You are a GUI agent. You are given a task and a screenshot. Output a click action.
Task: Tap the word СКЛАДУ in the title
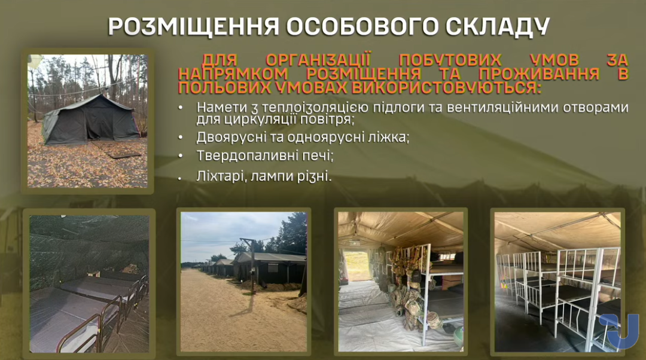click(498, 26)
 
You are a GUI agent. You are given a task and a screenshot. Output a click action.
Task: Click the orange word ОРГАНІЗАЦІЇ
click(318, 60)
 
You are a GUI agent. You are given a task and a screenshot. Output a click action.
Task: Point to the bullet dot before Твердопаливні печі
click(180, 156)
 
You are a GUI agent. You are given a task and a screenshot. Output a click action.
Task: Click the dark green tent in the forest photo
click(90, 119)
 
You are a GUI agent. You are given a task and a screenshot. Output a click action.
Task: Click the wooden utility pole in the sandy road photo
click(252, 266)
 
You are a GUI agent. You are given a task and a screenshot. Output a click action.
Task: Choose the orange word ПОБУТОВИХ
click(450, 60)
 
